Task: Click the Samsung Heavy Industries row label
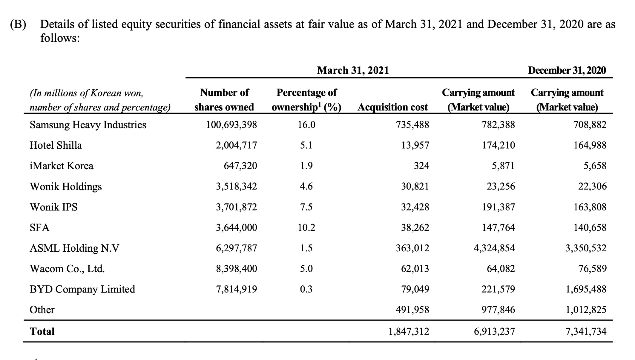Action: point(88,125)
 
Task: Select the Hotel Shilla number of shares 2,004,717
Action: point(236,145)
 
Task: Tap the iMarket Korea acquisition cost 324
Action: point(421,166)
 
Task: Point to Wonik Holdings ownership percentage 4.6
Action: point(306,186)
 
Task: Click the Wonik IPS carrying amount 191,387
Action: point(498,207)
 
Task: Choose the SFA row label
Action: point(39,227)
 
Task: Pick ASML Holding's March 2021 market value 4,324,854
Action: point(494,248)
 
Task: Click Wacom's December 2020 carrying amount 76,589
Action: point(592,269)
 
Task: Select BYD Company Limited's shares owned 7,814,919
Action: point(236,289)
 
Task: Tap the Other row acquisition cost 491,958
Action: point(412,310)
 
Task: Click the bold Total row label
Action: point(42,331)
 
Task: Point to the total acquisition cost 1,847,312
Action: point(409,331)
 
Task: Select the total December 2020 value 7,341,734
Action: point(586,331)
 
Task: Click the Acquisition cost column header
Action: point(392,107)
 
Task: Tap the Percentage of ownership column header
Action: point(306,100)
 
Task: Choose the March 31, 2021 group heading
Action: point(353,70)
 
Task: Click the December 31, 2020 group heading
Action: point(567,70)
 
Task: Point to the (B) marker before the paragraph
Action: point(18,24)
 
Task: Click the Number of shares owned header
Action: point(224,100)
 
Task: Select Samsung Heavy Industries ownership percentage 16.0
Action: point(306,125)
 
